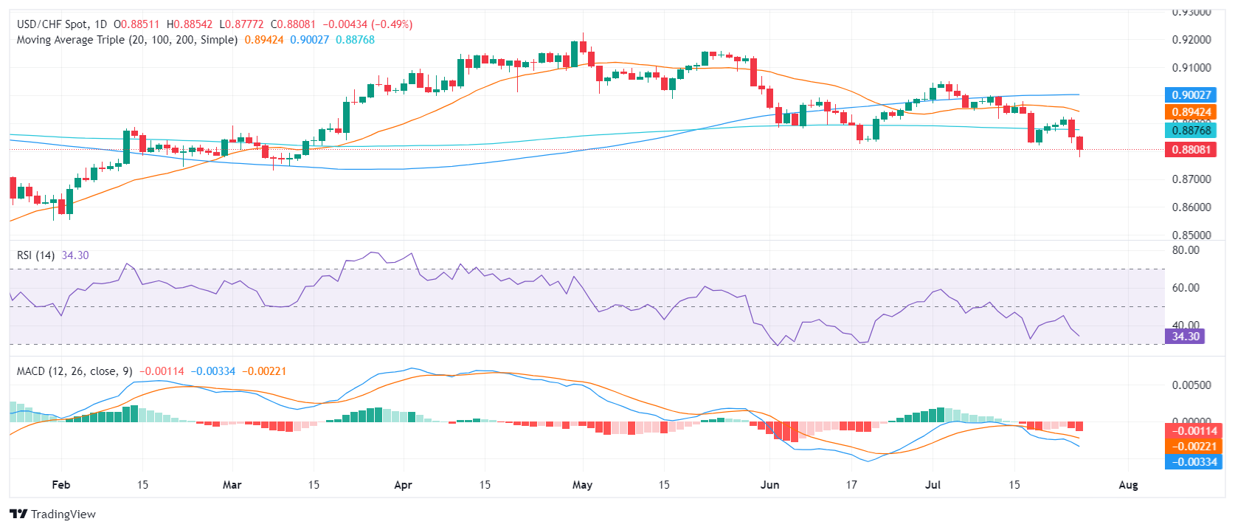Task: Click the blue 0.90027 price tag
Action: (x=1191, y=94)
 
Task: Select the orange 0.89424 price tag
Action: (x=1191, y=112)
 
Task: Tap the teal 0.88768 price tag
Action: (x=1191, y=131)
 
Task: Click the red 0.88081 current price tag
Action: (x=1191, y=149)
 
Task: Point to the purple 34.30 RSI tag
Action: (x=1185, y=337)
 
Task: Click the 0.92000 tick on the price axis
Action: (x=1191, y=40)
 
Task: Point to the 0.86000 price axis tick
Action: (x=1191, y=207)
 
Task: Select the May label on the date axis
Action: (x=582, y=485)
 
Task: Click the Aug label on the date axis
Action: (x=1128, y=485)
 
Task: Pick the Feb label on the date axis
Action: (x=61, y=485)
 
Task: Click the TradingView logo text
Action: (x=63, y=514)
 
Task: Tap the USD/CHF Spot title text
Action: (x=52, y=24)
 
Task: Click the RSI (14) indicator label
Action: (x=36, y=255)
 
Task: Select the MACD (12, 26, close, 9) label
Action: (x=75, y=371)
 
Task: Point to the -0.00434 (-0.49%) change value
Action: (x=367, y=24)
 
